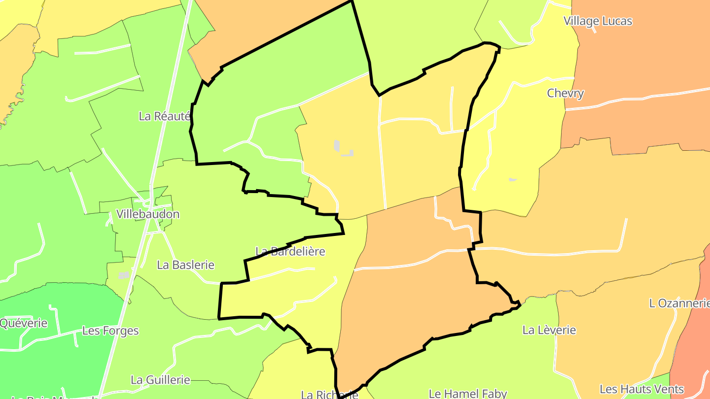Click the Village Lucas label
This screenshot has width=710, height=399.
[x=598, y=21]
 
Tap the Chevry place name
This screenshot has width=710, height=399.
[x=565, y=93]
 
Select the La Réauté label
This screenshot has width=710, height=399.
[x=164, y=116]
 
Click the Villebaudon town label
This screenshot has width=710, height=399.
[x=147, y=214]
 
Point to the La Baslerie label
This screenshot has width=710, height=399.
[x=185, y=265]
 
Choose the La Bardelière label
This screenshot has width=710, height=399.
[x=290, y=251]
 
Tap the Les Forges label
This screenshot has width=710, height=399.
[x=110, y=331]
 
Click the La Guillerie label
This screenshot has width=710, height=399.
[x=160, y=380]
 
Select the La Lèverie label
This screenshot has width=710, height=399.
[x=549, y=330]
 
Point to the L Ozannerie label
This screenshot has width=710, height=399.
[x=679, y=303]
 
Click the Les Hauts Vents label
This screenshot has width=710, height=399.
[x=641, y=389]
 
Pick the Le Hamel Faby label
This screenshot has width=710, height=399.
[x=467, y=393]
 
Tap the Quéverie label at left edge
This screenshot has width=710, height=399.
[x=24, y=323]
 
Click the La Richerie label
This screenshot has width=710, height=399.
[x=329, y=395]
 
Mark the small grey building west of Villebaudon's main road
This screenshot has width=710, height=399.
[x=124, y=275]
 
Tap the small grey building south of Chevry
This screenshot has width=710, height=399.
[x=513, y=179]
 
